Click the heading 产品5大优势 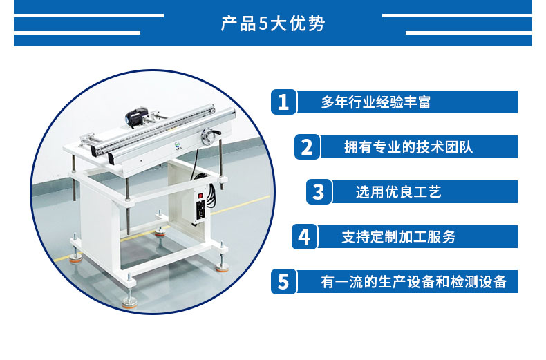tap(273, 23)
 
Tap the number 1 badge tap(284, 102)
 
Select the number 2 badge tap(307, 147)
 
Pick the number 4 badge tap(304, 237)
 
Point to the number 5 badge tap(284, 281)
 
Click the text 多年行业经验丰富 tap(376, 102)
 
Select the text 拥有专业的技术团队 tap(408, 147)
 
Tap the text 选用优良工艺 tap(398, 192)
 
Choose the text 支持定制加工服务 tap(398, 237)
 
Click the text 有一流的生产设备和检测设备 tap(414, 282)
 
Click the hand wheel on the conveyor tap(209, 136)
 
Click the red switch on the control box tap(200, 196)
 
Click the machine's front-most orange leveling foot tap(129, 303)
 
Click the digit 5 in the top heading tap(263, 24)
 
